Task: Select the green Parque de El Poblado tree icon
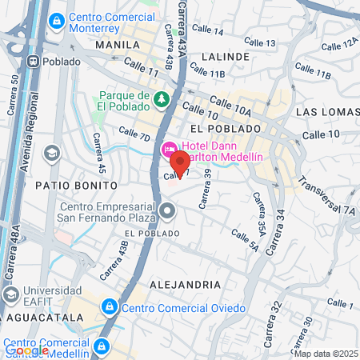(162, 99)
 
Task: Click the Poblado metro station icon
(34, 61)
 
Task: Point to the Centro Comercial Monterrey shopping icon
(57, 20)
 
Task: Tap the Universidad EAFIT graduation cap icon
(11, 295)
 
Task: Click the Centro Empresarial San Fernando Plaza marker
(167, 211)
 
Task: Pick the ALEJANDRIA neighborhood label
(185, 284)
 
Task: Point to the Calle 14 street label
(209, 31)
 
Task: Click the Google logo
(26, 350)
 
